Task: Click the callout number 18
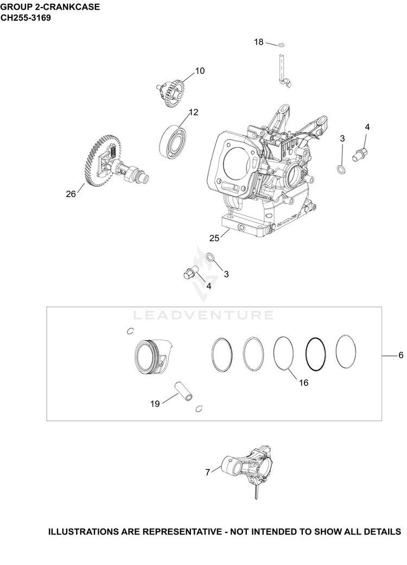(259, 42)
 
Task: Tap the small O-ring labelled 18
(282, 45)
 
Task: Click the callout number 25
(214, 238)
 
